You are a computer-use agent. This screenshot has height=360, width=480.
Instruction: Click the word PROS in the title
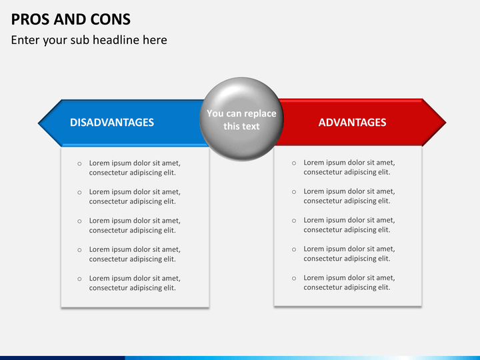pyautogui.click(x=30, y=19)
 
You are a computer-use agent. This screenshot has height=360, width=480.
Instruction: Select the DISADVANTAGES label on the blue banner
pyautogui.click(x=112, y=123)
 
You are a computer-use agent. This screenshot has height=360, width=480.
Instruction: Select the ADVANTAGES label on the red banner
pyautogui.click(x=353, y=123)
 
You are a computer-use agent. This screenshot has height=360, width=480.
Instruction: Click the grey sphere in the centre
pyautogui.click(x=241, y=119)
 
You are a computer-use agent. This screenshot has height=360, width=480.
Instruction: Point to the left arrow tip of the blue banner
pyautogui.click(x=38, y=123)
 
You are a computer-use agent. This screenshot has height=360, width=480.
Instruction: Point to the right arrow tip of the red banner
pyautogui.click(x=446, y=123)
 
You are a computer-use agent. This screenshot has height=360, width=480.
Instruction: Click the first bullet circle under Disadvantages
pyautogui.click(x=79, y=164)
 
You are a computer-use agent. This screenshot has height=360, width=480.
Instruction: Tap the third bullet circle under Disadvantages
pyautogui.click(x=79, y=221)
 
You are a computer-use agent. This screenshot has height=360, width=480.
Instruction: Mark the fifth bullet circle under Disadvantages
pyautogui.click(x=79, y=279)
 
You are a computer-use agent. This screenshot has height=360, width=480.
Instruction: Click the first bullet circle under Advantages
pyautogui.click(x=294, y=163)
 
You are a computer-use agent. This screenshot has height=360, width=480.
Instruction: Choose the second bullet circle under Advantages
pyautogui.click(x=294, y=192)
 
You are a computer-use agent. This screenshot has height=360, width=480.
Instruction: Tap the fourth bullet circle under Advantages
pyautogui.click(x=294, y=249)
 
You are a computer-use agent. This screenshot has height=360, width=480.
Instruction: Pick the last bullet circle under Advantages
pyautogui.click(x=294, y=278)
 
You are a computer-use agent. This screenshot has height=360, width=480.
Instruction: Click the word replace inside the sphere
pyautogui.click(x=260, y=113)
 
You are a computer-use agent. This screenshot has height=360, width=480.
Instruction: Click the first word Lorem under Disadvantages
pyautogui.click(x=99, y=163)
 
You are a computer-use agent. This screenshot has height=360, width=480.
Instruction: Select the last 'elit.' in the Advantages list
pyautogui.click(x=384, y=287)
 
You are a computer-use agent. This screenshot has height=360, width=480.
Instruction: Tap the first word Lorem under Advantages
pyautogui.click(x=313, y=162)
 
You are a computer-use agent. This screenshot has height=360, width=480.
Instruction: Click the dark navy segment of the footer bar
pyautogui.click(x=63, y=358)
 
